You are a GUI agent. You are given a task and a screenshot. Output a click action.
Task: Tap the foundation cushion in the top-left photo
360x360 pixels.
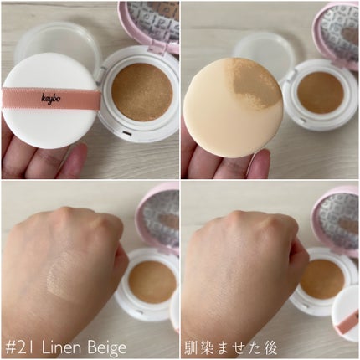[x=142, y=92]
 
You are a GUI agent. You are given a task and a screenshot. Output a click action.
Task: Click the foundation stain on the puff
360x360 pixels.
[x=255, y=82]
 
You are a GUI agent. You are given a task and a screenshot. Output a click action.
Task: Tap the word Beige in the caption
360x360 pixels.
[x=106, y=348]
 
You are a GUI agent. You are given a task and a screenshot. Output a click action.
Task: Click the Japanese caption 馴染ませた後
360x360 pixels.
[x=230, y=348]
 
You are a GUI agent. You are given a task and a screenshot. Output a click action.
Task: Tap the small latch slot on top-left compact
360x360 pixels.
[x=127, y=134]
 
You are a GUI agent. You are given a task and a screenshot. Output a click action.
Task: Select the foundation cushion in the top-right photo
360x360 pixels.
[x=321, y=93]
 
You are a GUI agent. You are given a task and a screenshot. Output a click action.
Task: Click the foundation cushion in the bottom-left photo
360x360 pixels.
[x=152, y=281]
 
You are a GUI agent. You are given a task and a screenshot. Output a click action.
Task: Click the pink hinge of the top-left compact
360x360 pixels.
[x=157, y=47]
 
